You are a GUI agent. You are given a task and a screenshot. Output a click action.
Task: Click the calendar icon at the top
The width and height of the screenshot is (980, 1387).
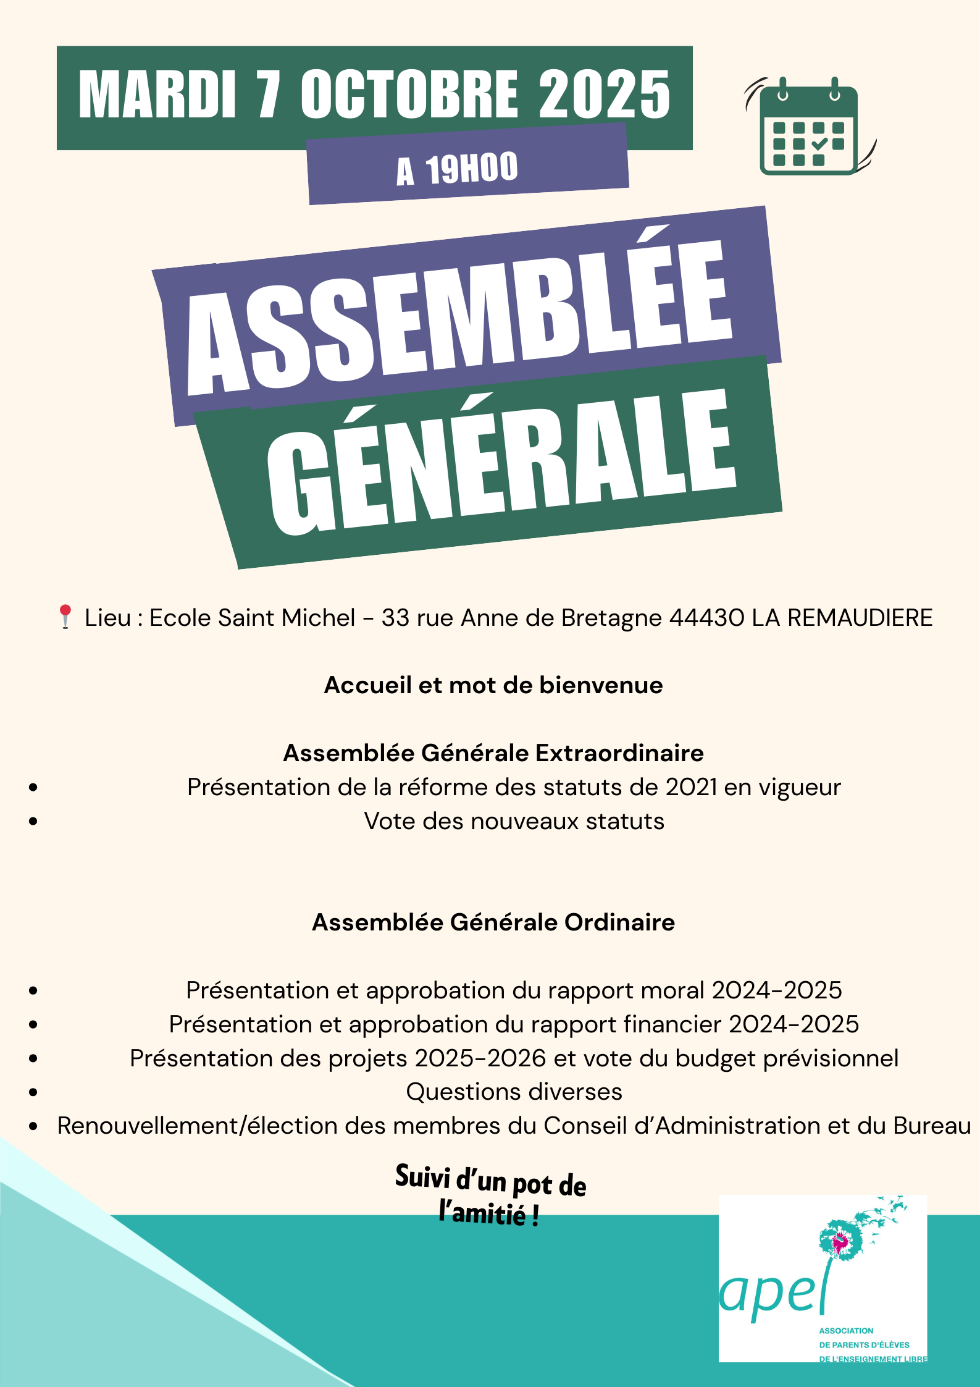[809, 127]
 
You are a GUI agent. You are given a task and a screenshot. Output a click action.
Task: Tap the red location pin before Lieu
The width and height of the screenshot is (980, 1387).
[65, 617]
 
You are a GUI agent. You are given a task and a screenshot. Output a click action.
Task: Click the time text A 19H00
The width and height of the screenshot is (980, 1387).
[458, 169]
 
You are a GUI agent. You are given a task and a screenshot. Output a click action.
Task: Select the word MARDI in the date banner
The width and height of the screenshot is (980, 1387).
[157, 94]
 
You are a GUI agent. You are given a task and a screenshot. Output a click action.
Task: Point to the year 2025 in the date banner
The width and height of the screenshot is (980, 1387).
[605, 94]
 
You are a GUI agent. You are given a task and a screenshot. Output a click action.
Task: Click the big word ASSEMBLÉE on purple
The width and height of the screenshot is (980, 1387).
[460, 315]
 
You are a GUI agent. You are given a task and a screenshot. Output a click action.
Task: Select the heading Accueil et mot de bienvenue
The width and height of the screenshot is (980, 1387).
[493, 685]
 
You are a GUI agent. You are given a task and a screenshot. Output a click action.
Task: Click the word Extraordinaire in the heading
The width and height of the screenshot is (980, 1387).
[619, 753]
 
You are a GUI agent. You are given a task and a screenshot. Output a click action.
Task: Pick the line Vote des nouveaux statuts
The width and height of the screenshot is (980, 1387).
[514, 821]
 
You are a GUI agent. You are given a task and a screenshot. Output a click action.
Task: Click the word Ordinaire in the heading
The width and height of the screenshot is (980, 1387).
[619, 922]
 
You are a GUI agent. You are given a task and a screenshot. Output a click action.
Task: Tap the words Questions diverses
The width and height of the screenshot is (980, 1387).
[514, 1092]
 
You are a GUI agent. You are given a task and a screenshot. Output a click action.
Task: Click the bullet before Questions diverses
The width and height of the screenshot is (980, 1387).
[33, 1092]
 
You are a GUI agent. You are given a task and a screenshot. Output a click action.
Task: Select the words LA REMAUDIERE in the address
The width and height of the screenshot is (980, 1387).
[842, 618]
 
